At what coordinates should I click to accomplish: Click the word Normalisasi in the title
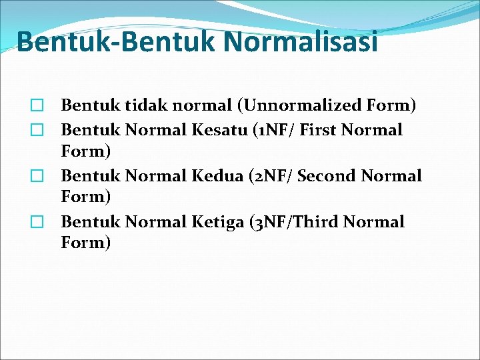[x=301, y=42]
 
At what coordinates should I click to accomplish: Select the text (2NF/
[x=274, y=177]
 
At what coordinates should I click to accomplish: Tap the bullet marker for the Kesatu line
[x=37, y=130]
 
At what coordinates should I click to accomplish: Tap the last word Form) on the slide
[x=86, y=243]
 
